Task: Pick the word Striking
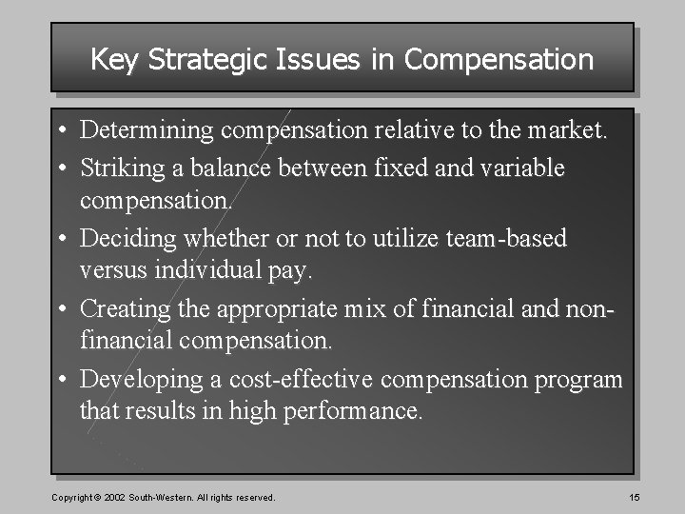click(x=121, y=168)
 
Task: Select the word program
click(x=579, y=380)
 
